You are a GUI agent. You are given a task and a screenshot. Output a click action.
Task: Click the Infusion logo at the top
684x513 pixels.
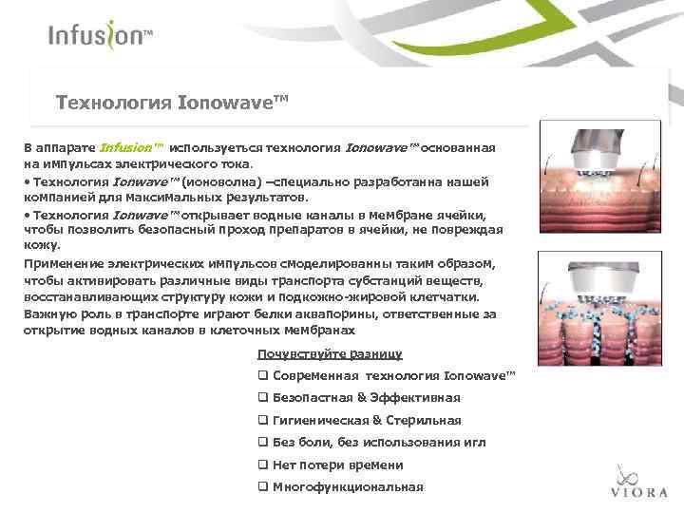pyautogui.click(x=100, y=35)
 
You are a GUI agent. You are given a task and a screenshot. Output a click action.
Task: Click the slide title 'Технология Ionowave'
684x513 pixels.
pyautogui.click(x=171, y=100)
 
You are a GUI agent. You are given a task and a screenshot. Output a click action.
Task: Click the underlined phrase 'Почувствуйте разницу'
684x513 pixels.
pyautogui.click(x=329, y=354)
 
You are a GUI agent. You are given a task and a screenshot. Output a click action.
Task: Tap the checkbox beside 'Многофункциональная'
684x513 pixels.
pyautogui.click(x=263, y=487)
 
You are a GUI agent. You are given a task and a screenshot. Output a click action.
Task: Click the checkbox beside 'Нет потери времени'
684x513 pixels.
pyautogui.click(x=263, y=465)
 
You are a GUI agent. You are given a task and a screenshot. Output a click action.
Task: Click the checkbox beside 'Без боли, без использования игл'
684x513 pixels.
pyautogui.click(x=263, y=443)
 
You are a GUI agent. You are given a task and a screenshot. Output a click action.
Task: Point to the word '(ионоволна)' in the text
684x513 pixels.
pyautogui.click(x=222, y=180)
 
